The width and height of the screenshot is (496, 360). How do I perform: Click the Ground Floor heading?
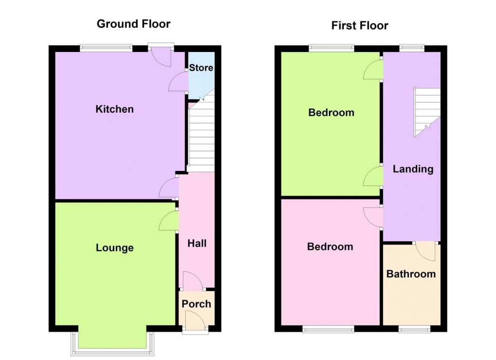133,24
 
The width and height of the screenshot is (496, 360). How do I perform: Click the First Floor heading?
360,25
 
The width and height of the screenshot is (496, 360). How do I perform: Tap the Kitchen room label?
114,109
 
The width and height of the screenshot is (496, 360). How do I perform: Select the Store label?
201,68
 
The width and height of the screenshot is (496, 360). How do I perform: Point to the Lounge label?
114,248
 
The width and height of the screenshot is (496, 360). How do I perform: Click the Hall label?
196,243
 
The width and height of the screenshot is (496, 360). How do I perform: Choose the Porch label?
196,304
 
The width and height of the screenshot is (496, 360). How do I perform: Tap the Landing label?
413,169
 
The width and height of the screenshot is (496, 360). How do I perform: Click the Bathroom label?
411,274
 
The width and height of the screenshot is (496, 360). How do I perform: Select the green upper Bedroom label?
331,113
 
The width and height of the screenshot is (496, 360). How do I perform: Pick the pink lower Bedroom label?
330,247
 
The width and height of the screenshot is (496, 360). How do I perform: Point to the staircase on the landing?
426,111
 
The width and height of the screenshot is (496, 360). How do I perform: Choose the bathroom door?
425,251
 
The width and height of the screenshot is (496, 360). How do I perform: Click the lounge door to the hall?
168,221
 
